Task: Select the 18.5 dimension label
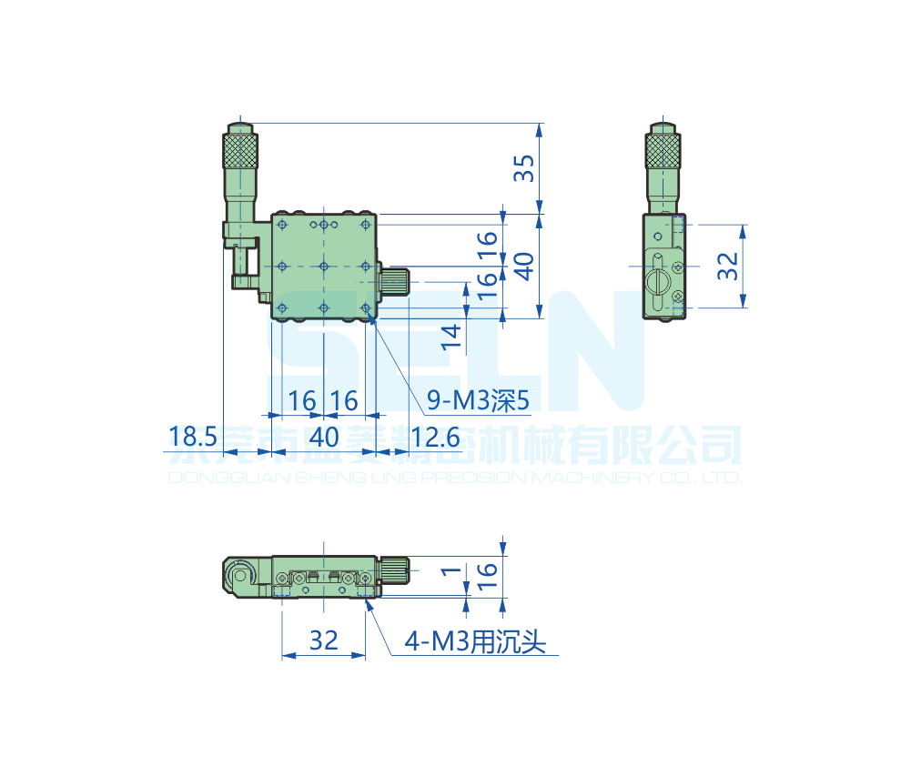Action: pyautogui.click(x=192, y=438)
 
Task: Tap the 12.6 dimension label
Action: pyautogui.click(x=435, y=438)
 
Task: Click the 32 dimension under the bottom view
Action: pyautogui.click(x=323, y=640)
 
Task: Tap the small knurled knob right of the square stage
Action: pyautogui.click(x=395, y=281)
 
